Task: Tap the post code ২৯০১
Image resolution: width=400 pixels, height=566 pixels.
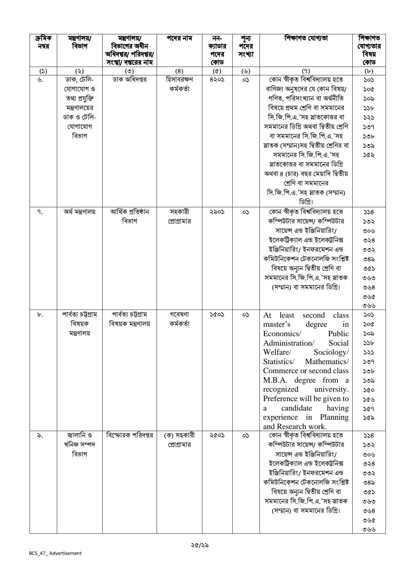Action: [x=214, y=212]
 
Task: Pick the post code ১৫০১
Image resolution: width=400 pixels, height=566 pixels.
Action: [x=214, y=315]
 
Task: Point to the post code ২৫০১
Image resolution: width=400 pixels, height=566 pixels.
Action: [x=214, y=435]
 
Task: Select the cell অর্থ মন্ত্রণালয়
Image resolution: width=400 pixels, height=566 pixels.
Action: [x=79, y=212]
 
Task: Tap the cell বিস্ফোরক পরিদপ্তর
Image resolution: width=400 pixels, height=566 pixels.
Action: [x=129, y=435]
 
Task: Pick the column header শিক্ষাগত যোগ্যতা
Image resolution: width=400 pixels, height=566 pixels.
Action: [x=306, y=38]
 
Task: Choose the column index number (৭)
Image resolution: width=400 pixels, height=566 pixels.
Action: [x=306, y=71]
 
